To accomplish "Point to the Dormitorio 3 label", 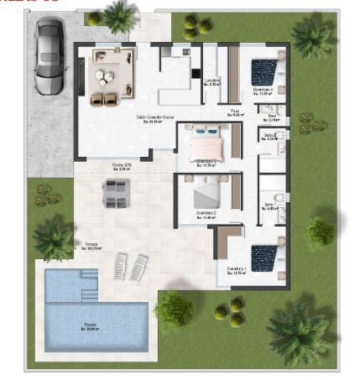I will tap(206, 162).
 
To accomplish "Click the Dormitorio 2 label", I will tap(206, 215).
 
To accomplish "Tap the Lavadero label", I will tap(214, 81).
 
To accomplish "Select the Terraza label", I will tap(91, 246).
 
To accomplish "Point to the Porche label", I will tap(123, 166).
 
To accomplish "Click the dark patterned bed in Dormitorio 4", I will tap(265, 71).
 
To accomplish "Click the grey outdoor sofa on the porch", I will tap(116, 193).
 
